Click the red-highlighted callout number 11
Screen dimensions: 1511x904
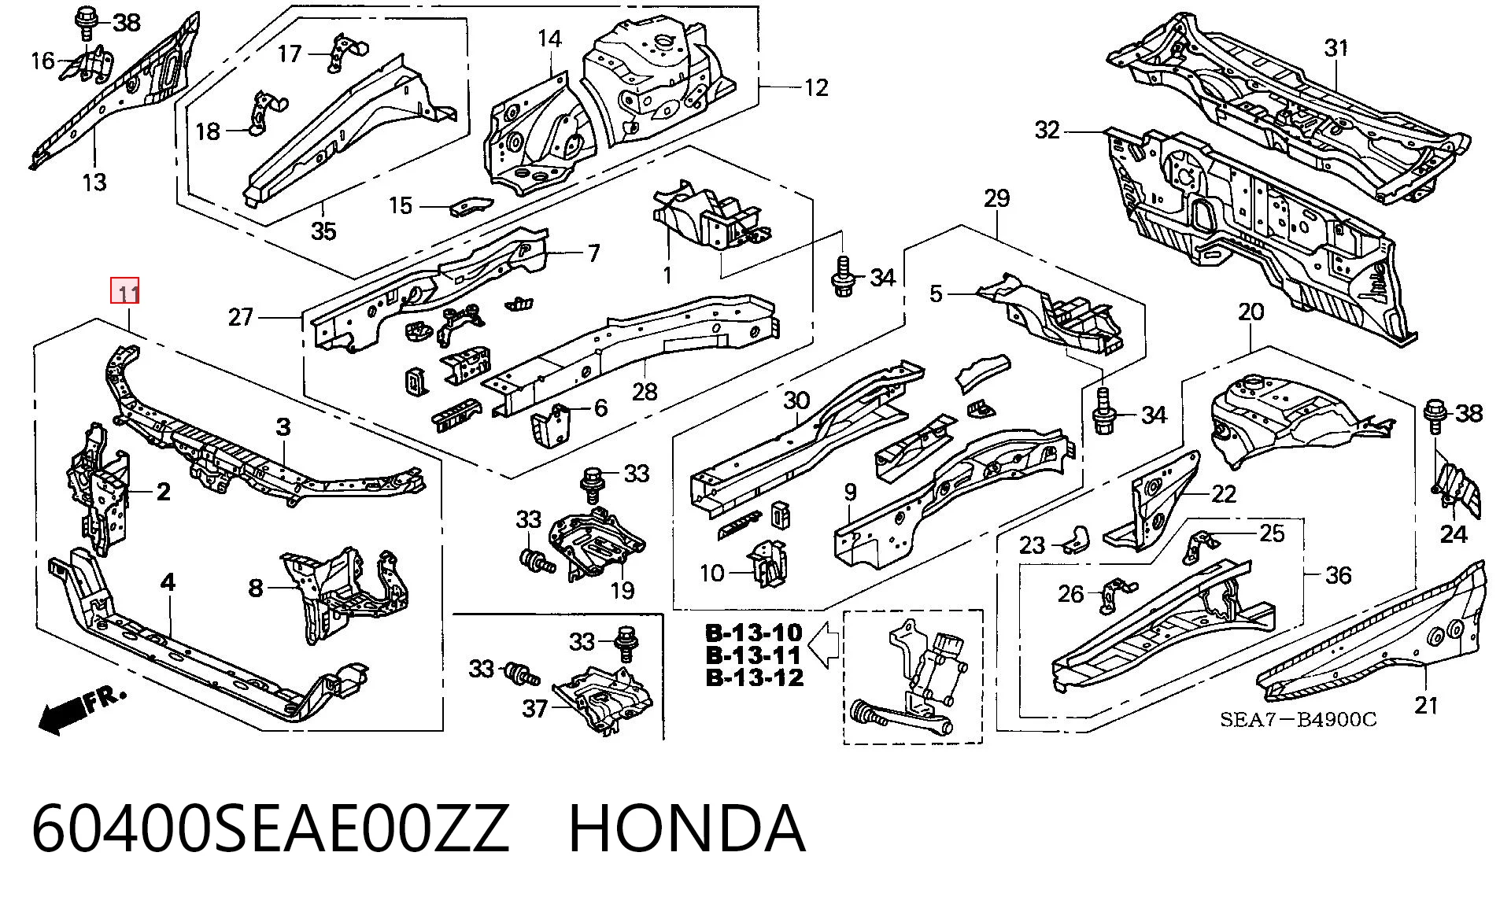(126, 293)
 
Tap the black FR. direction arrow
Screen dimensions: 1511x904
(63, 714)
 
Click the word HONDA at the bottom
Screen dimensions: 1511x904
(687, 828)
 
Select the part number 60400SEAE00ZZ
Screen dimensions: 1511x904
(271, 828)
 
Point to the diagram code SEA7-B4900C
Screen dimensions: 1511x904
(1298, 720)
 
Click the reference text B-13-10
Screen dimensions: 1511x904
(754, 633)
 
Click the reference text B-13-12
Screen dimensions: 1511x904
(754, 677)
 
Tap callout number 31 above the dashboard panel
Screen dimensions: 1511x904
(1336, 49)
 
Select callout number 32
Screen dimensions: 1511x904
(1047, 130)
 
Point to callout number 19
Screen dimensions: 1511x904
(622, 589)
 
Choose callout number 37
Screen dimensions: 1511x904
(535, 709)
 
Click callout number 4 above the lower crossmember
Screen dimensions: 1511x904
(168, 582)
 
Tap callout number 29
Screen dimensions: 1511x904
(996, 198)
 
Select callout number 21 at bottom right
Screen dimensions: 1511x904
(1426, 706)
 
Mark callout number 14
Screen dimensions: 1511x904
(550, 39)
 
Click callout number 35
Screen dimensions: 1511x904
(323, 231)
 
